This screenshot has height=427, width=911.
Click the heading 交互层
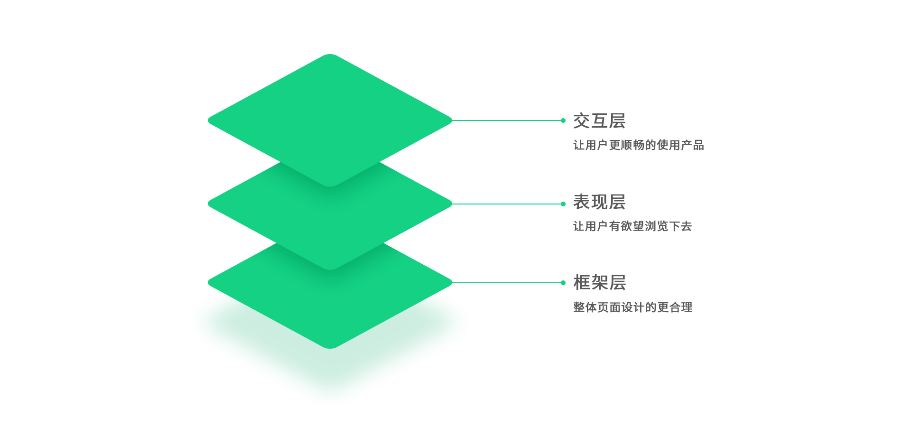pyautogui.click(x=599, y=121)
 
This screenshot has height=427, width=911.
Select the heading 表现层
pyautogui.click(x=599, y=202)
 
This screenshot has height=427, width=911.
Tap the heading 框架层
pyautogui.click(x=599, y=283)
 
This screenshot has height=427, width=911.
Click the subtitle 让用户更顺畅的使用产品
pyautogui.click(x=638, y=145)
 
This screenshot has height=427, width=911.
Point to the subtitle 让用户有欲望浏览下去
pyautogui.click(x=632, y=226)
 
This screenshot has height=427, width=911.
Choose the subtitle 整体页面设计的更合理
pyautogui.click(x=632, y=307)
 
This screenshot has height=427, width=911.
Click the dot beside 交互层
pyautogui.click(x=563, y=121)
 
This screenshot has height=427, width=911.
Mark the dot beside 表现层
pyautogui.click(x=563, y=204)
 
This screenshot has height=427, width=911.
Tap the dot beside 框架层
pyautogui.click(x=563, y=283)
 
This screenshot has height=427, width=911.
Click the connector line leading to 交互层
pyautogui.click(x=506, y=121)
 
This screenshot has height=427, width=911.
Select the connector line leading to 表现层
pyautogui.click(x=506, y=204)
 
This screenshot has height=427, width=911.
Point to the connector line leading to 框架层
pyautogui.click(x=506, y=283)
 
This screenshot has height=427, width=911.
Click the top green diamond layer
pyautogui.click(x=330, y=121)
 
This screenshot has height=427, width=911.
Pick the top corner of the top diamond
pyautogui.click(x=330, y=54)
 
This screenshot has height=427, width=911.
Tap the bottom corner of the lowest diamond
pyautogui.click(x=330, y=349)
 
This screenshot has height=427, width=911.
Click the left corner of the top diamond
pyautogui.click(x=208, y=121)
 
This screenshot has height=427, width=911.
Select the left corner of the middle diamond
pyautogui.click(x=208, y=204)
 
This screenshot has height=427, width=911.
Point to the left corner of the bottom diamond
pyautogui.click(x=208, y=282)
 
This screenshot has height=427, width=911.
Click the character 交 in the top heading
pyautogui.click(x=582, y=121)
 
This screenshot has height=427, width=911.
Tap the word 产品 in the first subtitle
pyautogui.click(x=692, y=145)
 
